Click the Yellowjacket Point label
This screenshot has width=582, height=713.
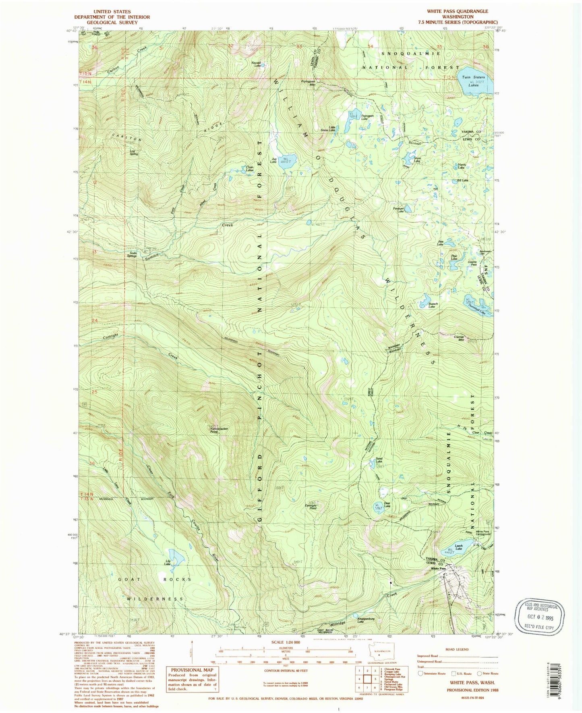[218, 430]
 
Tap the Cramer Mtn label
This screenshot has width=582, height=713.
[459, 338]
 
